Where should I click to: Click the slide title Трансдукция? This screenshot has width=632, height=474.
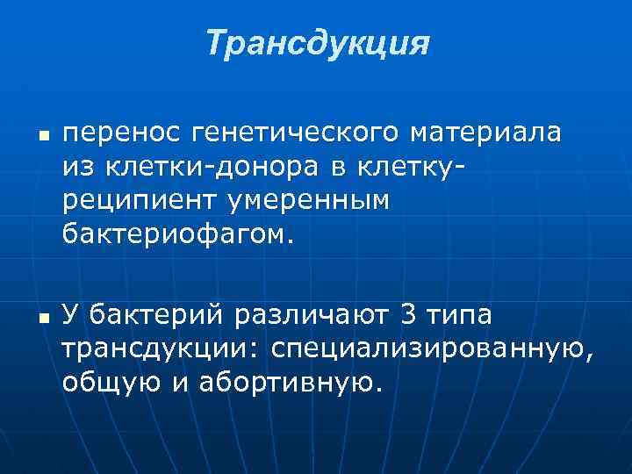click(318, 43)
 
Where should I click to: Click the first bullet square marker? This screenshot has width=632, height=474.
click(42, 138)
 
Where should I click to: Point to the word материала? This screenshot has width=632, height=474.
click(486, 133)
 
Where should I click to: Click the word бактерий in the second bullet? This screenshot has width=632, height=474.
click(156, 313)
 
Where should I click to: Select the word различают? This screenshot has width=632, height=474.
click(308, 313)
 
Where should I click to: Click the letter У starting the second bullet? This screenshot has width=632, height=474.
click(71, 313)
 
